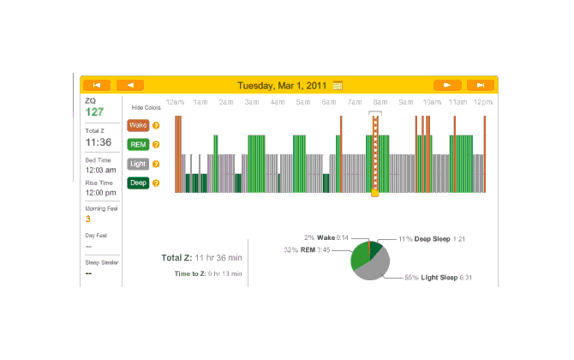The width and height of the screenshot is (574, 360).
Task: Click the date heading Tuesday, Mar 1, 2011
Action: (x=283, y=85)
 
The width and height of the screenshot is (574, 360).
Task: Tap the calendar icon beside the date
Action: (x=338, y=85)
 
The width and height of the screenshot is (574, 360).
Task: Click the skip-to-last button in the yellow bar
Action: (x=481, y=85)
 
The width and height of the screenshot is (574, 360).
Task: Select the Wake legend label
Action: (x=138, y=125)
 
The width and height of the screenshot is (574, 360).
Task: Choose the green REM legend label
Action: (x=138, y=144)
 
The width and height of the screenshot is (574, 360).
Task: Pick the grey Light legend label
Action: (x=138, y=163)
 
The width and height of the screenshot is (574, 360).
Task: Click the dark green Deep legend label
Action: (x=138, y=183)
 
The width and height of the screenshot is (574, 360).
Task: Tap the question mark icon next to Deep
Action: (x=156, y=183)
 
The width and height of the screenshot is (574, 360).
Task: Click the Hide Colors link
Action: (x=146, y=108)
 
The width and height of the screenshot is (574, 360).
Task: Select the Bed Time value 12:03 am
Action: (x=99, y=170)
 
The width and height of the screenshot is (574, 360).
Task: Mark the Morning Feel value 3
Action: (x=87, y=219)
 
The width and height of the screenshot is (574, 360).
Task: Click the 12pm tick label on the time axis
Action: (x=483, y=102)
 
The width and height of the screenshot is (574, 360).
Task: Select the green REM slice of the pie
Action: (x=360, y=255)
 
